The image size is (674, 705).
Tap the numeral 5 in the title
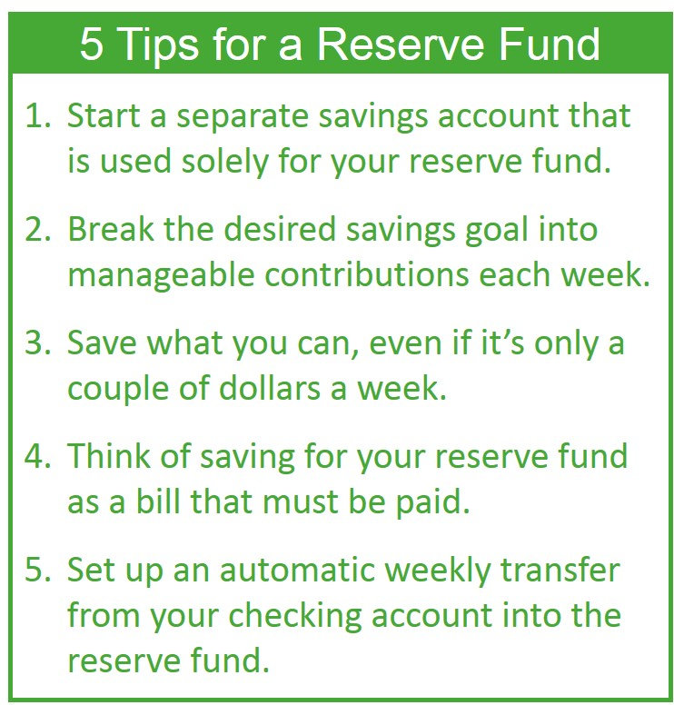click(92, 45)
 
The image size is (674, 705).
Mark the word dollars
click(267, 388)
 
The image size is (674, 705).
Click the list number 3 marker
click(37, 343)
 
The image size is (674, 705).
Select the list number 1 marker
click(37, 118)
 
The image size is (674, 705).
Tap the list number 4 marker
click(37, 456)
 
